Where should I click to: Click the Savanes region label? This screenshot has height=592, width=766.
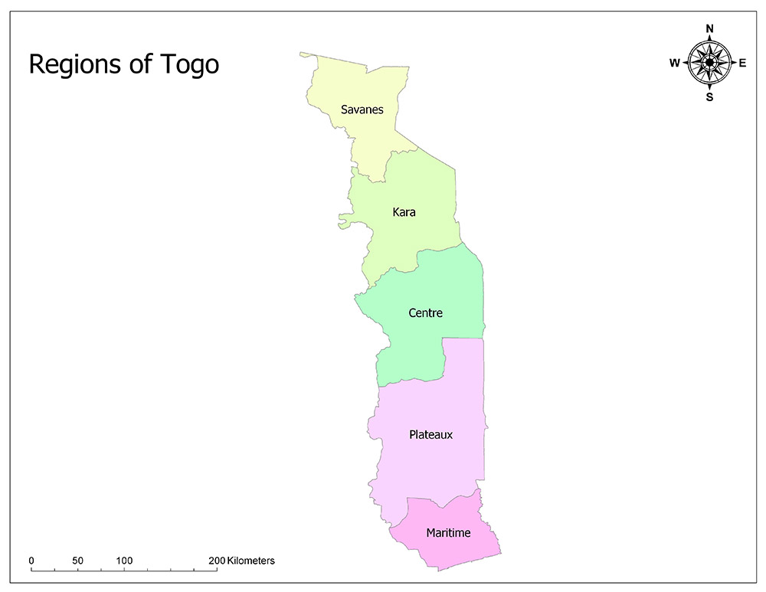(362, 110)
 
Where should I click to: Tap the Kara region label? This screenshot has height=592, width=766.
(404, 211)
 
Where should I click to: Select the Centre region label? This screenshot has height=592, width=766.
(425, 313)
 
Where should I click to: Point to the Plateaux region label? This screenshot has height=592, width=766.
(430, 434)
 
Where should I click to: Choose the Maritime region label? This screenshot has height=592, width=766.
(448, 532)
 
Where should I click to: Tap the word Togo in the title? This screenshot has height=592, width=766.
(188, 65)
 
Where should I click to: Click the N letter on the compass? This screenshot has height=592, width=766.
(709, 29)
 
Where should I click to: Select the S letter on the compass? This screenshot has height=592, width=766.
(709, 97)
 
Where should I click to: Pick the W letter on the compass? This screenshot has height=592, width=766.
(675, 64)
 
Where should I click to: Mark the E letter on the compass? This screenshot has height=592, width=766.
(742, 64)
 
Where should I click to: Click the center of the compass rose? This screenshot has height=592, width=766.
(709, 63)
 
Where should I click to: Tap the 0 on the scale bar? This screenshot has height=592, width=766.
(31, 561)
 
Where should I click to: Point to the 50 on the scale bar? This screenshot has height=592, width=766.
(77, 561)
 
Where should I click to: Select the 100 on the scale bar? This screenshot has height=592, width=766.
(124, 561)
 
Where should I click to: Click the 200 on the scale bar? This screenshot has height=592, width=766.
(216, 561)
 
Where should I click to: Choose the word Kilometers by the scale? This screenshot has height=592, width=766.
(250, 561)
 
